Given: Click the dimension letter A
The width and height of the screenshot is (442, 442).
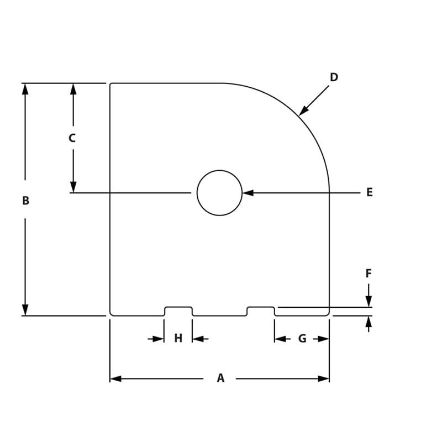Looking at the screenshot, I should coord(220,378).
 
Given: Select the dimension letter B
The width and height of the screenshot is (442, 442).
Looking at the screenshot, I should coord(25,201).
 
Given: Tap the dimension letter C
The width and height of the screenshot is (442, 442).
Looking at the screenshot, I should coord(72,139).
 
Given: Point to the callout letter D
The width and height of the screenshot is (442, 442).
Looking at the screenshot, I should coord(334,77).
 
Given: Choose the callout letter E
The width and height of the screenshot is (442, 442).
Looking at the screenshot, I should coord(370,193).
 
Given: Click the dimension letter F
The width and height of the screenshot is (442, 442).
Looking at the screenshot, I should coord(369,273).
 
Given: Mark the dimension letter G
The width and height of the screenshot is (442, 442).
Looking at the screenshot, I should coord(302,339).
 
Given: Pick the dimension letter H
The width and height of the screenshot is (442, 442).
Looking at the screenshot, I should coord(178,339).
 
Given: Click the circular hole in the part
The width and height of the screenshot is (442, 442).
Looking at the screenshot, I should coord(219,193).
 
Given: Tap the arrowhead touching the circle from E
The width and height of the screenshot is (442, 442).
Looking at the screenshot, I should coord(248,193).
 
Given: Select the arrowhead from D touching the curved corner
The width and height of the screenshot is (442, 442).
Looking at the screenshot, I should coord(303,111).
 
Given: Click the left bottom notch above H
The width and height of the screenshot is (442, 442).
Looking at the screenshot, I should coord(178,311).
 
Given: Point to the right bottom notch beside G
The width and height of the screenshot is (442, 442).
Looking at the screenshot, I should coord(261,311).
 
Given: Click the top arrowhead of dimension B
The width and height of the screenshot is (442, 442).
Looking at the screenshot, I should coord(25,89).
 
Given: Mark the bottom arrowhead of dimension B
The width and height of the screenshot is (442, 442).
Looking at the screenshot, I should coord(25,310).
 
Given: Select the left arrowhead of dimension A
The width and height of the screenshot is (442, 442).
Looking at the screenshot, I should coord(115,378).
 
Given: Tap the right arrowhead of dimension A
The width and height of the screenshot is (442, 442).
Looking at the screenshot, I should coord(324,378).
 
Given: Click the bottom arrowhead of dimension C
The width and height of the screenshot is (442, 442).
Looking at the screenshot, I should coord(73,187).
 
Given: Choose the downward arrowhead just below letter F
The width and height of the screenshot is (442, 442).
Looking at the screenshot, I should coord(369,301).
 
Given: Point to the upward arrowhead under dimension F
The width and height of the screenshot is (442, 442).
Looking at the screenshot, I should coord(369,322).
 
